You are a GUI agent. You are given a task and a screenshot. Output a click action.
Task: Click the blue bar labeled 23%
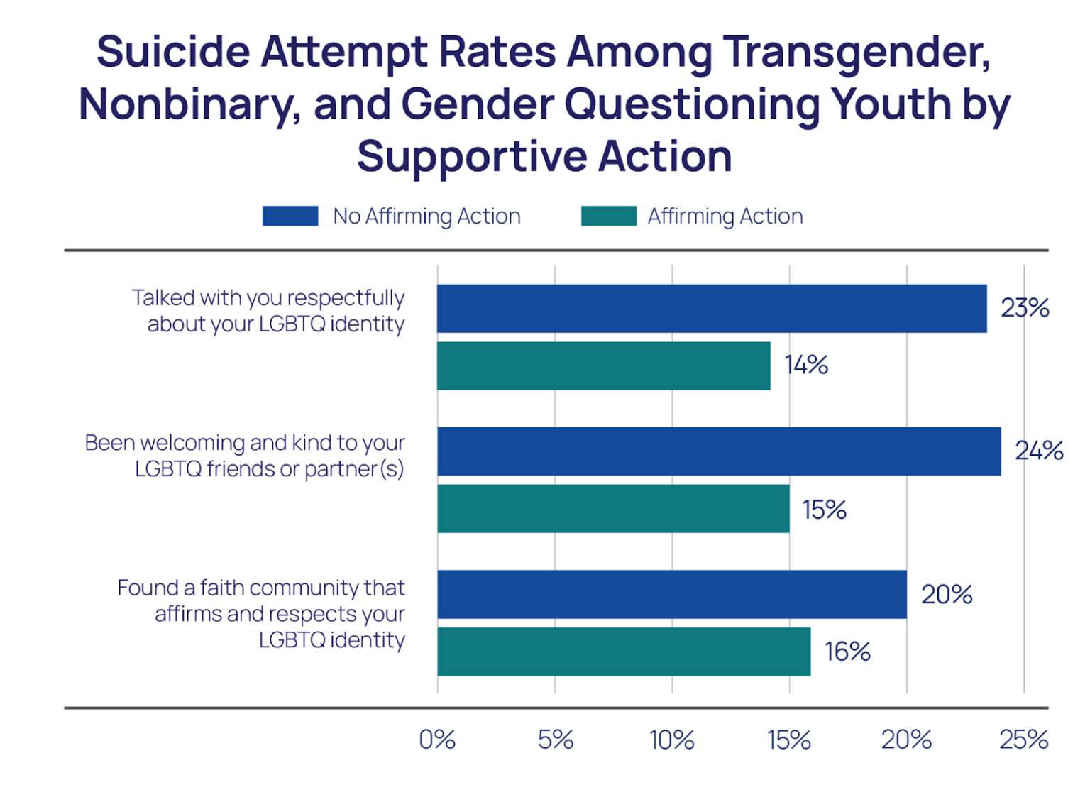click(711, 309)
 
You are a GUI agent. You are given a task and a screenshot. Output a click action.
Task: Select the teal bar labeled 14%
click(603, 366)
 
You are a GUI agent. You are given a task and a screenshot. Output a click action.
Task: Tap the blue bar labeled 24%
click(718, 451)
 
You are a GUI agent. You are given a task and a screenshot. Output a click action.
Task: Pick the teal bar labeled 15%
click(613, 509)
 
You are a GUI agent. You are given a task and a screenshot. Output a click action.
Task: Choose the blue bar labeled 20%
click(671, 594)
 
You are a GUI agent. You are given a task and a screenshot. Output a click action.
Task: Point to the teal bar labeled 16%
click(624, 652)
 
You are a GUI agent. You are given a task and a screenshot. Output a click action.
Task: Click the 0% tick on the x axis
click(437, 740)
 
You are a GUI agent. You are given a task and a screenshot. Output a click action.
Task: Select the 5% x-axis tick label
click(555, 740)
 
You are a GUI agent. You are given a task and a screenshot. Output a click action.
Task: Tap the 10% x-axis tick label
click(672, 740)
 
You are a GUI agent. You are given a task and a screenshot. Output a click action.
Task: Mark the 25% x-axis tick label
click(1023, 740)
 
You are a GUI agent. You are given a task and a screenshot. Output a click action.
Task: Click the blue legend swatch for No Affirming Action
click(290, 216)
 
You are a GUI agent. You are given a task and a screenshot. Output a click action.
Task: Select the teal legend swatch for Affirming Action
click(608, 216)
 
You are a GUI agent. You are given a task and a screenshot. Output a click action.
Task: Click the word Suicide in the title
click(173, 52)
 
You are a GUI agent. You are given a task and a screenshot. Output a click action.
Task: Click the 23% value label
click(1025, 308)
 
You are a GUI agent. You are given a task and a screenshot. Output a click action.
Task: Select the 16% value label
click(847, 652)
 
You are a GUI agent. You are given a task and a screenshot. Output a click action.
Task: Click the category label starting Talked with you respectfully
click(268, 310)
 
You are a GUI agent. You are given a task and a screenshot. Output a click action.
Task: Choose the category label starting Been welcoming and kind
click(245, 456)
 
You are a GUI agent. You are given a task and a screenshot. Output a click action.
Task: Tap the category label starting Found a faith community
click(261, 613)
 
